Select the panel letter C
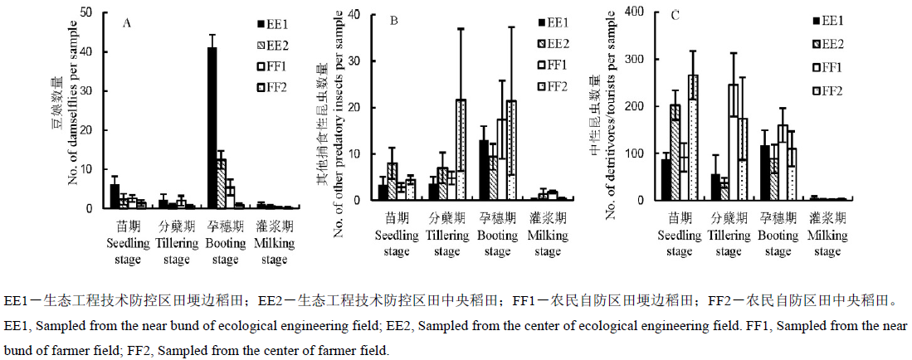coord(675,16)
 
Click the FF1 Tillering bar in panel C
coord(733,142)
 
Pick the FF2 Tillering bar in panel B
coord(461,149)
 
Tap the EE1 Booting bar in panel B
coord(484,170)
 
